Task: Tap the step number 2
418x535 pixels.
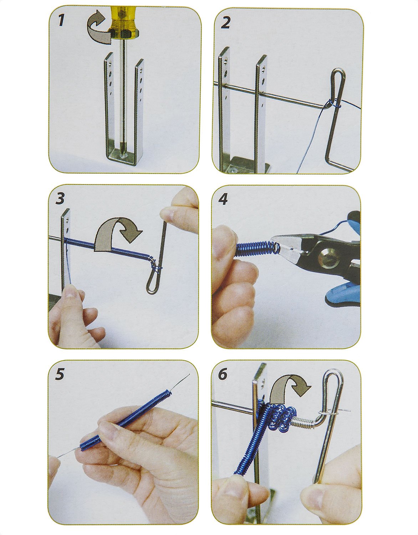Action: pyautogui.click(x=225, y=22)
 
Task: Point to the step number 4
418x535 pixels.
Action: pyautogui.click(x=223, y=199)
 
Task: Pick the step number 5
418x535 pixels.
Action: pyautogui.click(x=60, y=374)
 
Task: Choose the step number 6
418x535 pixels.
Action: pyautogui.click(x=222, y=374)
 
